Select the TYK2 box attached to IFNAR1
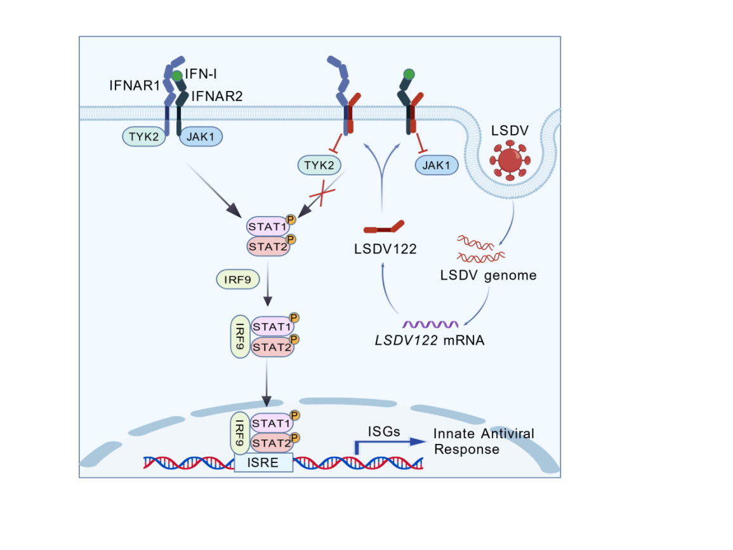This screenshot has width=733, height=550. [144, 136]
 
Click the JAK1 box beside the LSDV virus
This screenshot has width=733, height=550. [437, 166]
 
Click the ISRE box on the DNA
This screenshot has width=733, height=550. [263, 462]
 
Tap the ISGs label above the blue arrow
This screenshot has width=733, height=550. [384, 432]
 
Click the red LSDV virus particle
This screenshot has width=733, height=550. [512, 159]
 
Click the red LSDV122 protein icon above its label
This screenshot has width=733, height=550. [383, 227]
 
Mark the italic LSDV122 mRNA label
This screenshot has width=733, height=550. [429, 340]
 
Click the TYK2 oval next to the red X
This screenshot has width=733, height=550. [319, 166]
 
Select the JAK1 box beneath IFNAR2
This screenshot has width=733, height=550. [201, 136]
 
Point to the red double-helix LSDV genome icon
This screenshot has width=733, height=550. [480, 249]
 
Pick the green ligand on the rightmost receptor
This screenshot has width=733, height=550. [409, 75]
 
